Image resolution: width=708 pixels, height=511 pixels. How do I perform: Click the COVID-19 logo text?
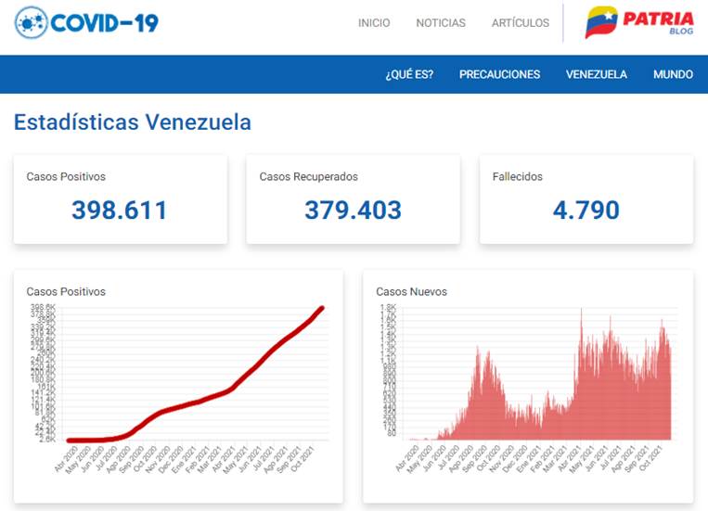point(105,21)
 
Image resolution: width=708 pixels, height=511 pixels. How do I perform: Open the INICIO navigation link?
point(374,23)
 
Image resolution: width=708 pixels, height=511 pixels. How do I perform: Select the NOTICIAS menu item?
point(441,23)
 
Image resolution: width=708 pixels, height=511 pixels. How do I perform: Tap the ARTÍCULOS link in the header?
point(521,23)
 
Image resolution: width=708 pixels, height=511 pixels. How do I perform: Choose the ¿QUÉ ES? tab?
point(409,74)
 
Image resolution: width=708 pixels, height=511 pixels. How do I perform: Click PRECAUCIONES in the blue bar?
point(499,74)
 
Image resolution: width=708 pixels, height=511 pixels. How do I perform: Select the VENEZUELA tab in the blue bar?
point(597,74)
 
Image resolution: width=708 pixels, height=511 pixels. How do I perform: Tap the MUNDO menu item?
point(673,74)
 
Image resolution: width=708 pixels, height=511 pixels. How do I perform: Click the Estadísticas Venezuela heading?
point(132,122)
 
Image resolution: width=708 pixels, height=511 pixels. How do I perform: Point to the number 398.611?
point(120,211)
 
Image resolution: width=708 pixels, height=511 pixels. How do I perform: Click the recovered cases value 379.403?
point(354,211)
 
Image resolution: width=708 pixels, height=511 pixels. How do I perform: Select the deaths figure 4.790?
point(586,211)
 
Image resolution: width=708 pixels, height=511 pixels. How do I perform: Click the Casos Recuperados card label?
point(308,176)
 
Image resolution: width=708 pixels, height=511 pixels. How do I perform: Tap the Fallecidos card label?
point(518,176)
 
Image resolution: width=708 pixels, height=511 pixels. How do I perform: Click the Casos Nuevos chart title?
point(411,291)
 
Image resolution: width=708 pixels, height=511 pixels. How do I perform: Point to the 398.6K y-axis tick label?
point(45,307)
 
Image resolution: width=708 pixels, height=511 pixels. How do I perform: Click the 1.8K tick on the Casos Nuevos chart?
point(388,307)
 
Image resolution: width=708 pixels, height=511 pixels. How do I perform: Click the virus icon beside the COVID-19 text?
point(32,21)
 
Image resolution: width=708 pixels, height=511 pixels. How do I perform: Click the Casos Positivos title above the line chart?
point(66,291)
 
